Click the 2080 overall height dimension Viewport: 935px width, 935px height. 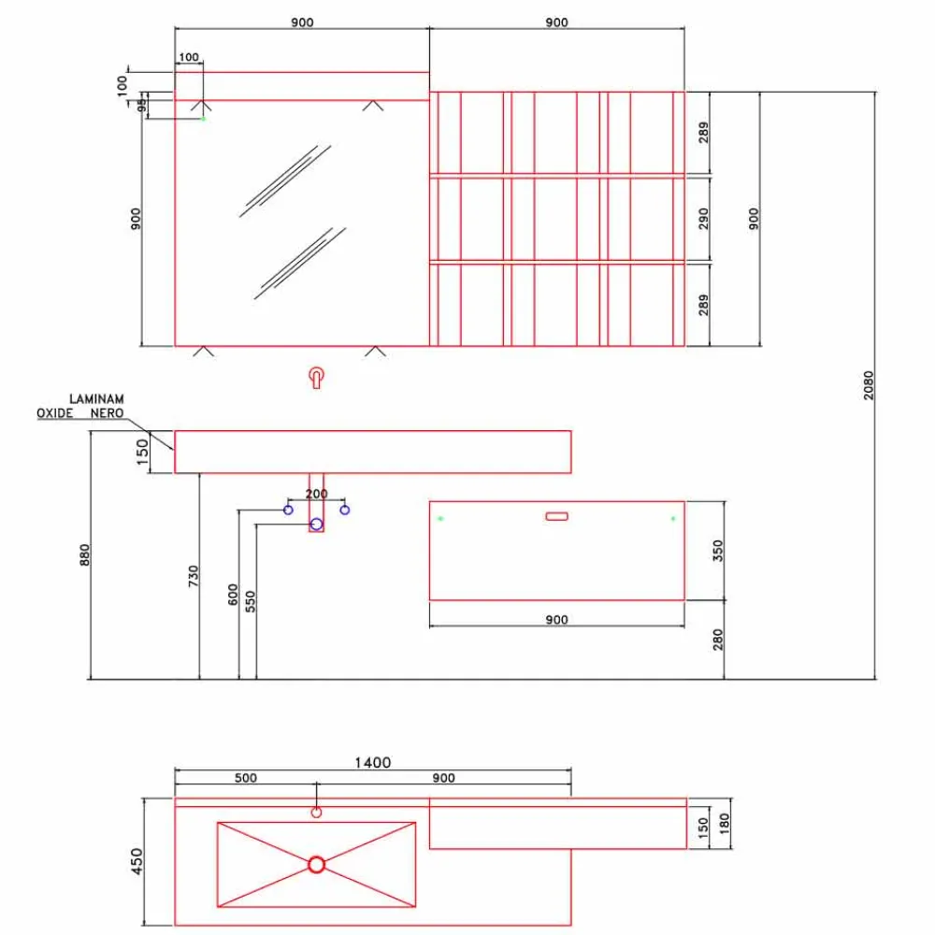[869, 385]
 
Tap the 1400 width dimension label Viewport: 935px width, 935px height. [373, 763]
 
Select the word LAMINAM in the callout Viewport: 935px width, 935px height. [96, 398]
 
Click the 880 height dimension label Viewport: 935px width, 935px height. [85, 554]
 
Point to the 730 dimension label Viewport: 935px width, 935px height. [194, 576]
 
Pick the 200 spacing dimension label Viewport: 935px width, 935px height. [317, 494]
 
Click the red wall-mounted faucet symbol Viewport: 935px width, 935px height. [317, 378]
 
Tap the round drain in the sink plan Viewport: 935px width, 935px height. [317, 865]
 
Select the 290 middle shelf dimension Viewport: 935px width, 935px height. [704, 218]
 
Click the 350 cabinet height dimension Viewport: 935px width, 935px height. [718, 551]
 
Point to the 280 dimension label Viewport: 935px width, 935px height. [718, 640]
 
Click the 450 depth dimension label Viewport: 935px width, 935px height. [137, 862]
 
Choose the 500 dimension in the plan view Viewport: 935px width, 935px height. [246, 778]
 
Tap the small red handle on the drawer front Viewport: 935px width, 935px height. [557, 516]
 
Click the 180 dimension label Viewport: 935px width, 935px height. [725, 824]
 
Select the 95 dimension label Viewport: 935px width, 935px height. [141, 106]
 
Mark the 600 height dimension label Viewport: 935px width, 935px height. [233, 595]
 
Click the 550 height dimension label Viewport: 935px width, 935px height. [251, 601]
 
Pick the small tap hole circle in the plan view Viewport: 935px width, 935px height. [317, 813]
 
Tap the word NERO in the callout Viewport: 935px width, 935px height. [108, 412]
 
